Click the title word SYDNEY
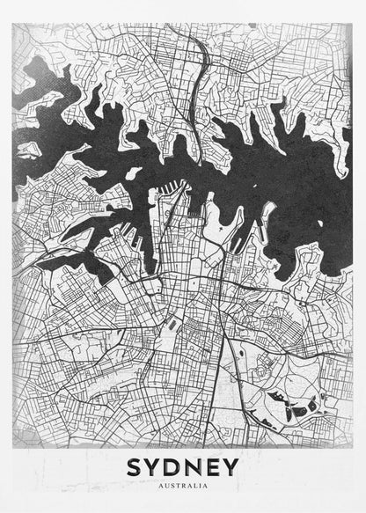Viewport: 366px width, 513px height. [183, 466]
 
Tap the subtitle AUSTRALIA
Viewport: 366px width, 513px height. [183, 485]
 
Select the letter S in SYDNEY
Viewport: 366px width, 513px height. [136, 466]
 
